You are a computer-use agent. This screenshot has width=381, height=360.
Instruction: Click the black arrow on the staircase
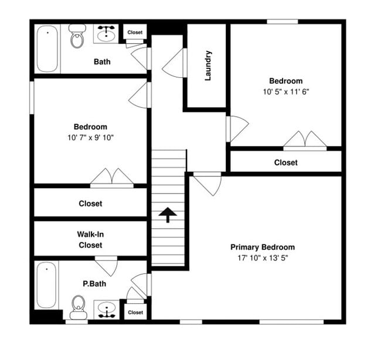(x=168, y=215)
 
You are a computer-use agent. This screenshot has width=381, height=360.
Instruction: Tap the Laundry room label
(x=207, y=66)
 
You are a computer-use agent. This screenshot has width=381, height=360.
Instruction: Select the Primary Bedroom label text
(x=262, y=247)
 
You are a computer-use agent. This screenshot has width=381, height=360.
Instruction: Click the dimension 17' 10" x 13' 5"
(x=262, y=257)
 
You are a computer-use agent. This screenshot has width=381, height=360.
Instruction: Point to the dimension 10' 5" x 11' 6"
(x=285, y=91)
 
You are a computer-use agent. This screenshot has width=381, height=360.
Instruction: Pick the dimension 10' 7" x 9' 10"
(x=90, y=137)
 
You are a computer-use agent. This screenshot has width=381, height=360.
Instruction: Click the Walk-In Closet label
(x=90, y=239)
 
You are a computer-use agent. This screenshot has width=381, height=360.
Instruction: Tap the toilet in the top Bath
(x=77, y=36)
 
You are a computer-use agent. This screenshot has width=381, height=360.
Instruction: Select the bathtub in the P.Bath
(x=46, y=286)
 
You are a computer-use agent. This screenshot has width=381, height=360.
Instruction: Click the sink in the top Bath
(x=106, y=34)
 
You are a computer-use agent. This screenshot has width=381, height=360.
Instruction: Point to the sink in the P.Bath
(x=106, y=308)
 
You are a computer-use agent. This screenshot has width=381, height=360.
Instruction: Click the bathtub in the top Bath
(x=46, y=48)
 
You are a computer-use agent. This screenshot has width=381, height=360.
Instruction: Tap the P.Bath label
(x=93, y=284)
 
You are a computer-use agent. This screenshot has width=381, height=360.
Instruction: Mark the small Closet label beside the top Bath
(x=135, y=33)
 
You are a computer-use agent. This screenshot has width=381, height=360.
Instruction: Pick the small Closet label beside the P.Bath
(x=135, y=313)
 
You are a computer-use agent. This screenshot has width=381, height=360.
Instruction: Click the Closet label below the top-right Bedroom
(x=285, y=162)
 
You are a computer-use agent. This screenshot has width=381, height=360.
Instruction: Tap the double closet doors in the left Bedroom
(x=111, y=177)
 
